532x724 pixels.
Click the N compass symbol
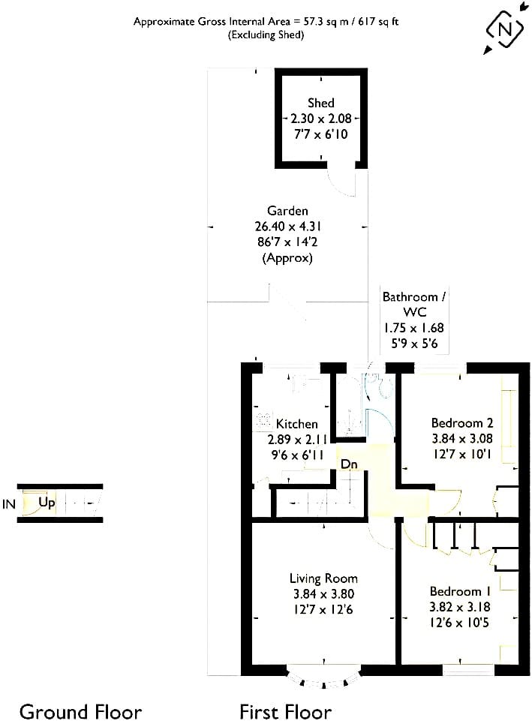(x=505, y=29)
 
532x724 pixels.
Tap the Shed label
(x=321, y=103)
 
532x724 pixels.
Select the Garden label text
(x=287, y=211)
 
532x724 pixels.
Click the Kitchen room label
(x=297, y=424)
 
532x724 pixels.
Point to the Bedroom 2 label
(x=461, y=423)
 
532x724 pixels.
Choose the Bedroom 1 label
(x=460, y=591)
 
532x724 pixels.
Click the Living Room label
(x=323, y=578)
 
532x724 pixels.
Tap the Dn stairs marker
(x=349, y=464)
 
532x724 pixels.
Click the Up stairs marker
(x=47, y=503)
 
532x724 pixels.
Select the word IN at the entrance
(x=9, y=504)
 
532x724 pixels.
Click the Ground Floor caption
(x=80, y=711)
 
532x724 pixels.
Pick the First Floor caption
(x=285, y=711)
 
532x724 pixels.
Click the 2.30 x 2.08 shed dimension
(x=321, y=119)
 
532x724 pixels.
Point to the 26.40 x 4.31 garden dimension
(x=287, y=227)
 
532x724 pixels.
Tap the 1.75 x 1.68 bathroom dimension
(x=413, y=328)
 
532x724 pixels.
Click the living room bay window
(x=323, y=677)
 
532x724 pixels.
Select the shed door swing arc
(x=341, y=185)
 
